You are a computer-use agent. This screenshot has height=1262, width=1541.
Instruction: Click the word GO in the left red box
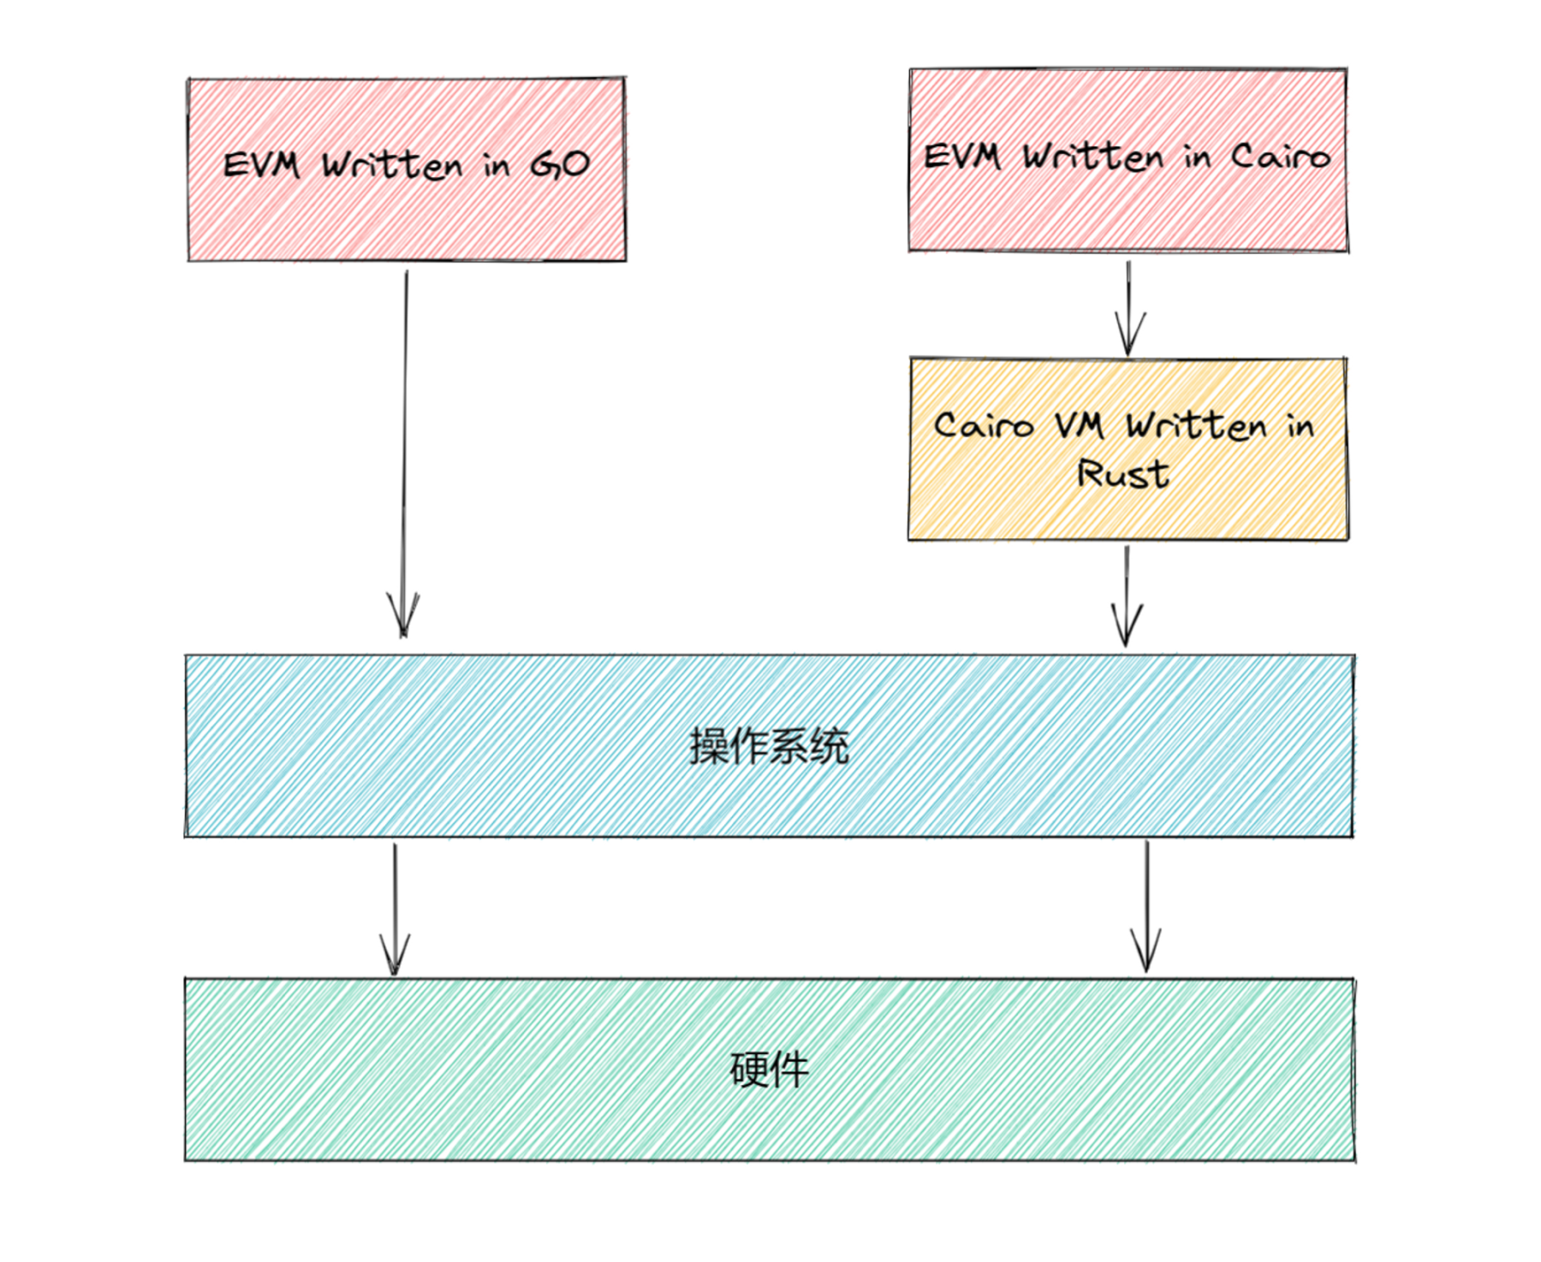[560, 164]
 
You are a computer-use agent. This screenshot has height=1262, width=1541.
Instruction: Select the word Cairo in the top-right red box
[1281, 157]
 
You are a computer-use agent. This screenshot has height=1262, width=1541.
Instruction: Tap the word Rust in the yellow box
[1122, 474]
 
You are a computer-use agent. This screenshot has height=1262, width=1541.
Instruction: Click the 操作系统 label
[769, 746]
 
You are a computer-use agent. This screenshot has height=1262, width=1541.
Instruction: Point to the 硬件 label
[769, 1069]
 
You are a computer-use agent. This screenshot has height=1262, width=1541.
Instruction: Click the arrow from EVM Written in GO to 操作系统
[404, 454]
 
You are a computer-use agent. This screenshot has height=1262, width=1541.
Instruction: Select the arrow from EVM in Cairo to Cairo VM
[1128, 309]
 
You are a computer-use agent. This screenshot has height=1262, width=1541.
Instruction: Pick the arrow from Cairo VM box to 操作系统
[1127, 596]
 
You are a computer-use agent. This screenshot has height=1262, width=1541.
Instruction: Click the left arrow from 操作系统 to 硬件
[395, 909]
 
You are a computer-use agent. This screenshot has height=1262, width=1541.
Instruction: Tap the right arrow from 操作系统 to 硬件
[1146, 907]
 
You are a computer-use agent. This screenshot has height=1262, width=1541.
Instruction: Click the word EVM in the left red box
[261, 164]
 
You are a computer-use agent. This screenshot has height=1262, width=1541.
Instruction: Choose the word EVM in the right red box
[961, 156]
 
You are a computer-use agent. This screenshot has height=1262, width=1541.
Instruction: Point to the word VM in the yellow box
[1080, 424]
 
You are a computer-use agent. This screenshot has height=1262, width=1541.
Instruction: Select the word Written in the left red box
[392, 164]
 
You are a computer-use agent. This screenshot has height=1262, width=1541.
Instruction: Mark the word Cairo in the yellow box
[984, 425]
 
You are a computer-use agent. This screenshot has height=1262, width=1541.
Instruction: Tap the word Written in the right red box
[1093, 157]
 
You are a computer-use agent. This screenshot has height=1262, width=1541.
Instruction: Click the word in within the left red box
[496, 165]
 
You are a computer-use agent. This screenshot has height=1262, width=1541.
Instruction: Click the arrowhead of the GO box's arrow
[403, 615]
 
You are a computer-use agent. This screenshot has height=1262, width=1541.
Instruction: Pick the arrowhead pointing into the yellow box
[1129, 335]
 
